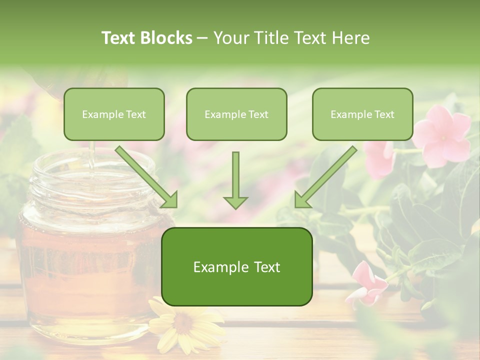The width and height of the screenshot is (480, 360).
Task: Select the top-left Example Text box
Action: pyautogui.click(x=114, y=114)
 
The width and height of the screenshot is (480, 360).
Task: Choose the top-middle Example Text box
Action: pyautogui.click(x=236, y=114)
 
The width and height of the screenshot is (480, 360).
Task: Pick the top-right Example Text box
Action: pyautogui.click(x=362, y=114)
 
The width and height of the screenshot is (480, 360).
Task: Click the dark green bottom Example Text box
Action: pyautogui.click(x=236, y=267)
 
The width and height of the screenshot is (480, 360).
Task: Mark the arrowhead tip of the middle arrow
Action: pyautogui.click(x=235, y=207)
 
